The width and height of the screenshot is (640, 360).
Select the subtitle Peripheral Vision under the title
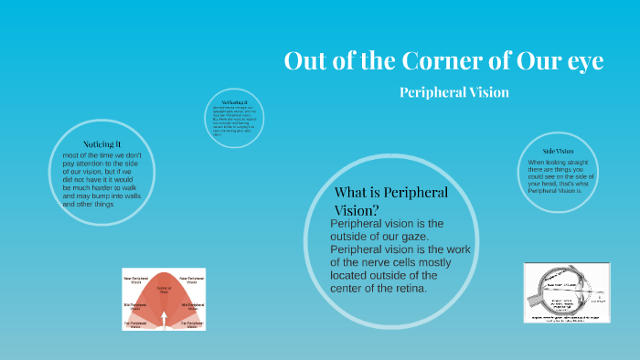(453, 92)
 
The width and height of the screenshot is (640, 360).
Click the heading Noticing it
(101, 144)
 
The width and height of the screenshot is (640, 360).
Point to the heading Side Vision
(558, 151)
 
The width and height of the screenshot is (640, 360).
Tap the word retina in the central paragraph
(406, 289)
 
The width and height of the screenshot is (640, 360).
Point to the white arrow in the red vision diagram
(164, 317)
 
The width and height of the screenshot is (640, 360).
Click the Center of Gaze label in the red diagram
(164, 290)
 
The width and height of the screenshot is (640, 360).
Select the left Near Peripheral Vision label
(135, 280)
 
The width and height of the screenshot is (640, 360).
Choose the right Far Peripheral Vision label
(192, 324)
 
